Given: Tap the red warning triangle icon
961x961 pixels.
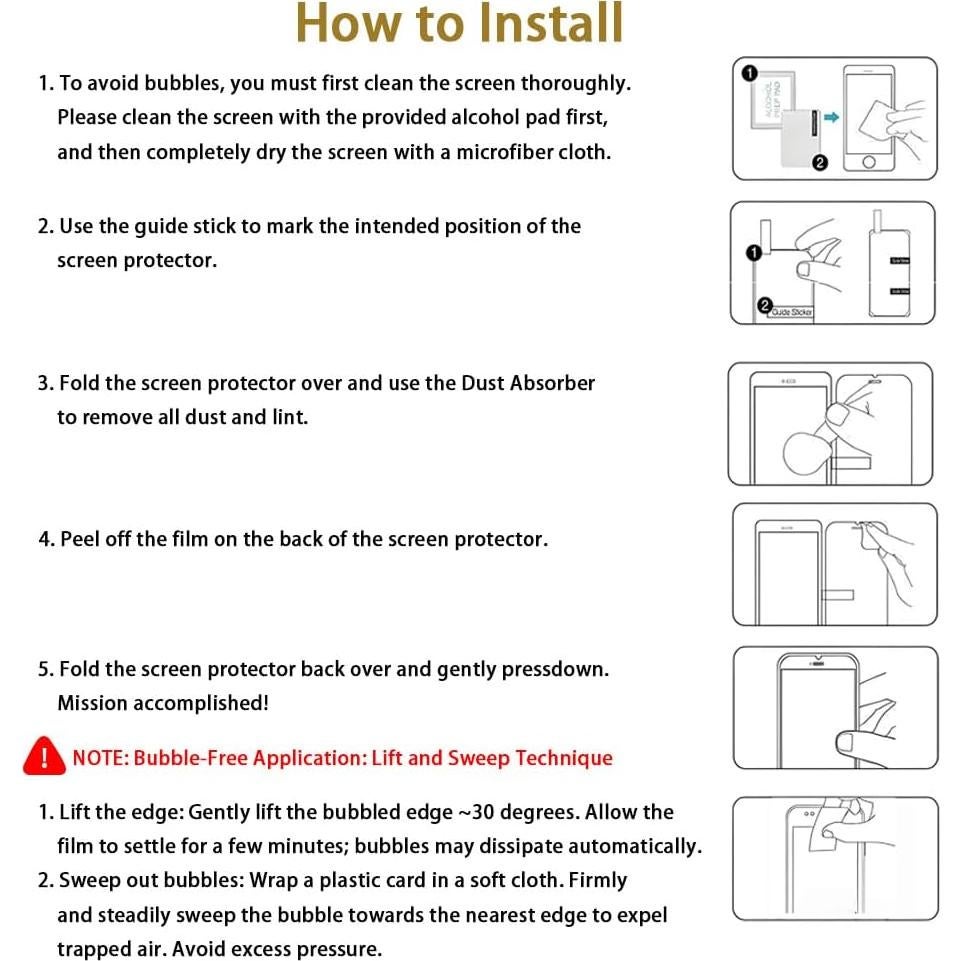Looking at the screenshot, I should [43, 757].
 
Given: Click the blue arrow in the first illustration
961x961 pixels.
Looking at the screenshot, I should [829, 117].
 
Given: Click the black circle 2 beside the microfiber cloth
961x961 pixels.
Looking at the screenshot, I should [819, 163].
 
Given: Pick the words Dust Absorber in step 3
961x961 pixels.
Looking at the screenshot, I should [528, 383].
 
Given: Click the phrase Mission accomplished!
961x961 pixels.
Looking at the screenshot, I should [163, 703].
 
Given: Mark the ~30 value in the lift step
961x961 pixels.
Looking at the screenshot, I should [477, 812].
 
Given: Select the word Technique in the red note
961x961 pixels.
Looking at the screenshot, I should [564, 758].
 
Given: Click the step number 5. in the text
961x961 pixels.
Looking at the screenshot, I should [46, 669].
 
